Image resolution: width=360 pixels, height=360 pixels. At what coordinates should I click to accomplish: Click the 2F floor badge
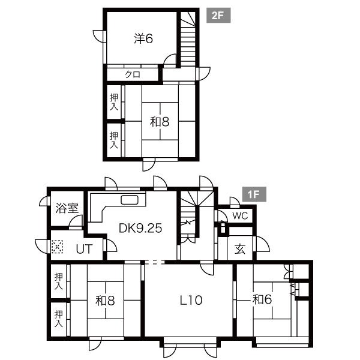(x=218, y=16)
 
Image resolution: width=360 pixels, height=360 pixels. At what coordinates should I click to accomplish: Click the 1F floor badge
(x=254, y=194)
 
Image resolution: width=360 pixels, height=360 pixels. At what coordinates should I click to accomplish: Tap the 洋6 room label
(x=143, y=38)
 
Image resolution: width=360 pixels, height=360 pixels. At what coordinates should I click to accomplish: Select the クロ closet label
(x=133, y=74)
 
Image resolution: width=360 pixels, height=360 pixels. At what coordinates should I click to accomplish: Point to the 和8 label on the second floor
(x=160, y=121)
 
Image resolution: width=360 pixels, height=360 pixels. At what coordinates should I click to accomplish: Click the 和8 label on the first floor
(x=105, y=301)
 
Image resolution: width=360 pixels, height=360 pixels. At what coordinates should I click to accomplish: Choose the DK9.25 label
(x=140, y=228)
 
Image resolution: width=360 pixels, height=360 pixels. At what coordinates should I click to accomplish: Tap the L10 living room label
(x=191, y=300)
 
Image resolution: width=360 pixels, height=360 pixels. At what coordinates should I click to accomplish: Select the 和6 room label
(x=262, y=299)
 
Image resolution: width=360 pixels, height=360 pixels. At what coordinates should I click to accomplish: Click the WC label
(x=240, y=215)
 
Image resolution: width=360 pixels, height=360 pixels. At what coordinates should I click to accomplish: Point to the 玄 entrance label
(x=240, y=249)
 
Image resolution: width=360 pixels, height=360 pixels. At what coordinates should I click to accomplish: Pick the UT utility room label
(x=84, y=249)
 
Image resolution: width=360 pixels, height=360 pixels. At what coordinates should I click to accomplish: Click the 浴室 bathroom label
(x=67, y=208)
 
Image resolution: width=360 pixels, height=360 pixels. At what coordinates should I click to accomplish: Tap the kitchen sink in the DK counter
(x=130, y=200)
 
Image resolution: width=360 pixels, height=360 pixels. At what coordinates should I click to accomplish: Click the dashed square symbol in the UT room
(x=57, y=247)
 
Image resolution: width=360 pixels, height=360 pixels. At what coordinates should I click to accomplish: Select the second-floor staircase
(x=188, y=39)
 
